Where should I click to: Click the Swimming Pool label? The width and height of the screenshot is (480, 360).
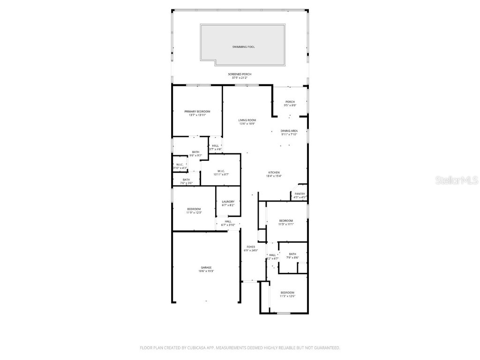click(243, 47)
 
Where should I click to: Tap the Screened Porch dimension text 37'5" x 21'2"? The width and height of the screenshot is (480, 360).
click(240, 78)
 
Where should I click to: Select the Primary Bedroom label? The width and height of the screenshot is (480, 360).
click(197, 112)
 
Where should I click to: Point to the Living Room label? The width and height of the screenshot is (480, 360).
click(247, 120)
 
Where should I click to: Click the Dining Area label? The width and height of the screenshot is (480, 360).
click(289, 131)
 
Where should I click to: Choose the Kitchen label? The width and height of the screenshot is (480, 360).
click(274, 172)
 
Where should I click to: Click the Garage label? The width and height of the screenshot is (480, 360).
click(206, 268)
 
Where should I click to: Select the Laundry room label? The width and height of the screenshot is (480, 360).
click(228, 202)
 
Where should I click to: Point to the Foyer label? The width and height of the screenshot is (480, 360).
click(251, 247)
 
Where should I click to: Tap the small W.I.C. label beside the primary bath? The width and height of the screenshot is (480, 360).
click(180, 165)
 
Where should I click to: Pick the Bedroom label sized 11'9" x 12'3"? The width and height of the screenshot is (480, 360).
click(194, 209)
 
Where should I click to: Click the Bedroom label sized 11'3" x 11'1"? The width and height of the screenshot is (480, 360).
click(286, 220)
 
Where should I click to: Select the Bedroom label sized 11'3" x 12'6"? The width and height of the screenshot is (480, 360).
click(287, 292)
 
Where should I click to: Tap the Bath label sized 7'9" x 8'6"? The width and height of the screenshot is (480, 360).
click(292, 254)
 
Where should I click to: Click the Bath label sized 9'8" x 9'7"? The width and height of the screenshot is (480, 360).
click(195, 152)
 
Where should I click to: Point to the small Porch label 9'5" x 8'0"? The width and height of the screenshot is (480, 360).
click(290, 102)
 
